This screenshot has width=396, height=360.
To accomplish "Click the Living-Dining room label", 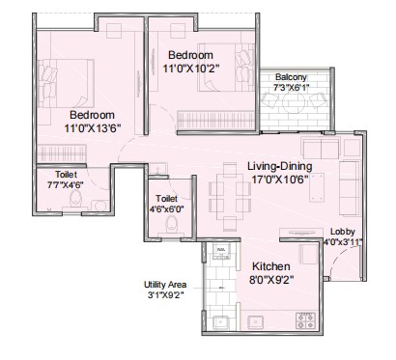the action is pos(279,166).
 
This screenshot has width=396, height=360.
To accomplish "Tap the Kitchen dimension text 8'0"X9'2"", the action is pos(271,280).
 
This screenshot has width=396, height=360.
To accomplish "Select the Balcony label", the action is pos(291,77).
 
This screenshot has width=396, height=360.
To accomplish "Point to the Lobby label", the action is pos(343,232).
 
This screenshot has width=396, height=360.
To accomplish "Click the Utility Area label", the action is pos(165,285).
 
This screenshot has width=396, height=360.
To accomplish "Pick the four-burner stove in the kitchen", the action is pos(305,320).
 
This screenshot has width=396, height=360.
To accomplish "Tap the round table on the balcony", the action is pos(294,102).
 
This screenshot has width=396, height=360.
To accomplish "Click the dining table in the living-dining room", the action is pos(230,197).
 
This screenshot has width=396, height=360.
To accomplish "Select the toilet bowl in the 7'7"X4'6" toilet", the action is pos(76,199).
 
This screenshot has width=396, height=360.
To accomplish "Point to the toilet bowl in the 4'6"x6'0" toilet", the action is pos(171,224).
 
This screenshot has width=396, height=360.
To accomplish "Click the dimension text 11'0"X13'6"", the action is pos(93,128).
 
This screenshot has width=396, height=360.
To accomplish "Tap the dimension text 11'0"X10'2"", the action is pos(190,69).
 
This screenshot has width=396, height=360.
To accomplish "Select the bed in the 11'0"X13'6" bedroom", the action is pos(66,83).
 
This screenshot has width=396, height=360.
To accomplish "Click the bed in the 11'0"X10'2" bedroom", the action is pos(226,68).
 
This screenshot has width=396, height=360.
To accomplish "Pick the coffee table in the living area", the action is pos(317,187).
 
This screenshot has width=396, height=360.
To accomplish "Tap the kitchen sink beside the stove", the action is pos(256,321).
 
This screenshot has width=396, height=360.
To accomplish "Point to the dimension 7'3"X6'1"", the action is pos(291,88).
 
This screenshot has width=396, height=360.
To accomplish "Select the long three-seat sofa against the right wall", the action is pos(350,188).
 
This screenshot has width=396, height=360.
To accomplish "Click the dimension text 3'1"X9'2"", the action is pos(166,294).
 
